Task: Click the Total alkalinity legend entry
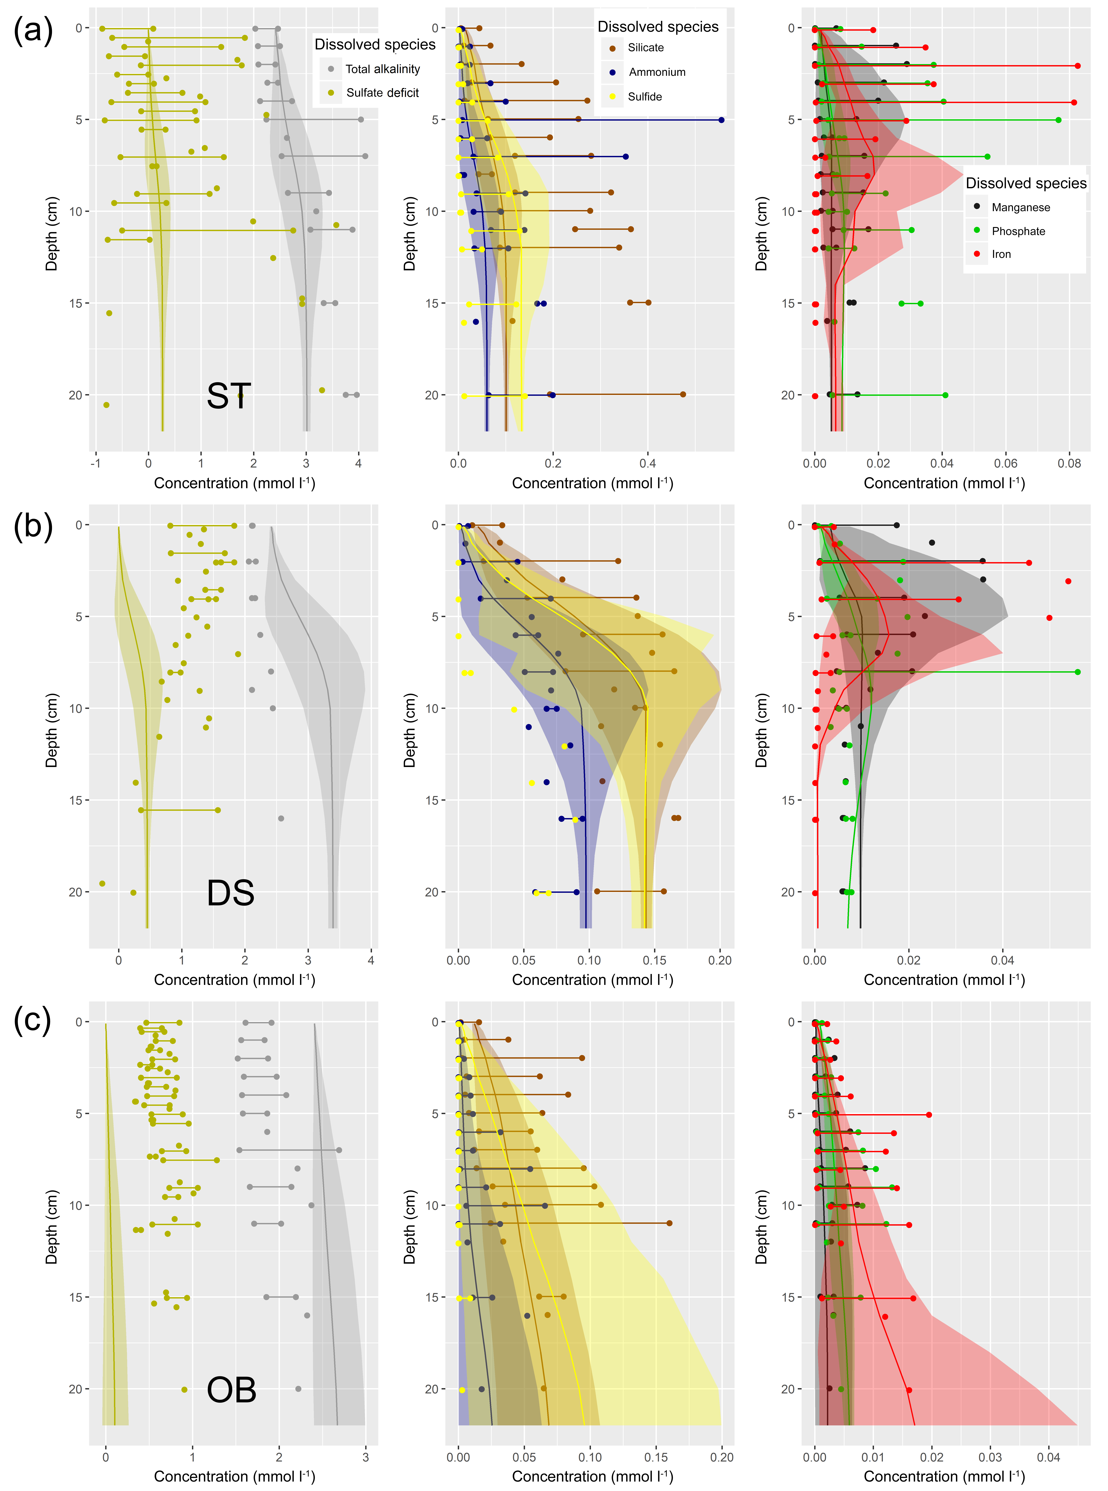(382, 69)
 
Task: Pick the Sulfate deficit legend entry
(382, 93)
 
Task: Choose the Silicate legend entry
(645, 48)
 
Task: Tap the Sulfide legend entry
(645, 97)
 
